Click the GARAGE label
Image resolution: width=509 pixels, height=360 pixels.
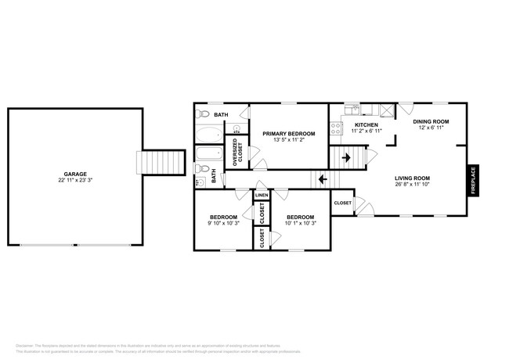75,174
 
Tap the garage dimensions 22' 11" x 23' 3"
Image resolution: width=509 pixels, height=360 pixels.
75,181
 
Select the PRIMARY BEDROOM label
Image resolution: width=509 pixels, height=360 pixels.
288,134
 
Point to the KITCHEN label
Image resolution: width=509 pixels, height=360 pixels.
366,125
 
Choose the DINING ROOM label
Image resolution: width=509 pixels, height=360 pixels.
430,121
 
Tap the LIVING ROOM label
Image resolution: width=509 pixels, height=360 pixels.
412,178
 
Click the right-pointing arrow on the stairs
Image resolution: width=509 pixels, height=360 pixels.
346,158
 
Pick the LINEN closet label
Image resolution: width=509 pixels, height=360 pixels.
261,195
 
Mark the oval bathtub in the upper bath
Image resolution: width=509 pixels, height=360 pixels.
209,133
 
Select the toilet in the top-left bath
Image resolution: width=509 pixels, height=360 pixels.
201,114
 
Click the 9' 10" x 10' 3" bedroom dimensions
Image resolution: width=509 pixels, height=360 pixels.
225,223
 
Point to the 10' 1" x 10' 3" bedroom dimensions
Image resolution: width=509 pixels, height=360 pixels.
300,223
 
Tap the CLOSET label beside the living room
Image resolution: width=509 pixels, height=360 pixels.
342,203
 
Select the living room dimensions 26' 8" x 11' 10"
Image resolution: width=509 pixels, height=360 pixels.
412,185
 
